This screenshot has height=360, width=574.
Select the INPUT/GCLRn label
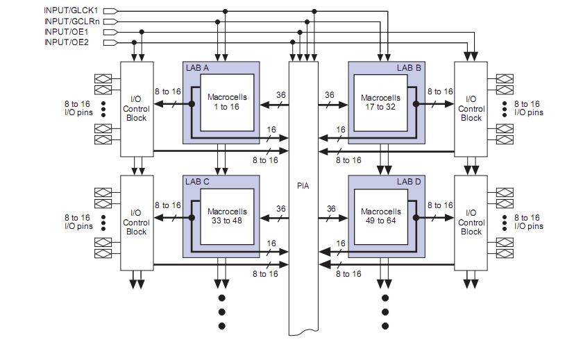tap(72, 21)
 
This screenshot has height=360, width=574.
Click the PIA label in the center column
tap(303, 186)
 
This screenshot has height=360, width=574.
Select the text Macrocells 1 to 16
tap(227, 102)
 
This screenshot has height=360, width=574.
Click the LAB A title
tap(196, 68)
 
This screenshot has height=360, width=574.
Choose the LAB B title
tap(409, 68)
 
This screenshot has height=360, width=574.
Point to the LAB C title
tap(197, 182)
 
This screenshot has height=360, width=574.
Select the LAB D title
tap(409, 182)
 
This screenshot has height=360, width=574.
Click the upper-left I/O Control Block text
tap(135, 109)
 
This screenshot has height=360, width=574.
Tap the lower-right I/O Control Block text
tap(471, 222)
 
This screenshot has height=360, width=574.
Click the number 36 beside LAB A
tap(281, 95)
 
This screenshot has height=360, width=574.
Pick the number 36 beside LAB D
tap(331, 209)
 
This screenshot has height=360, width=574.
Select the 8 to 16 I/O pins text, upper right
tap(529, 108)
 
